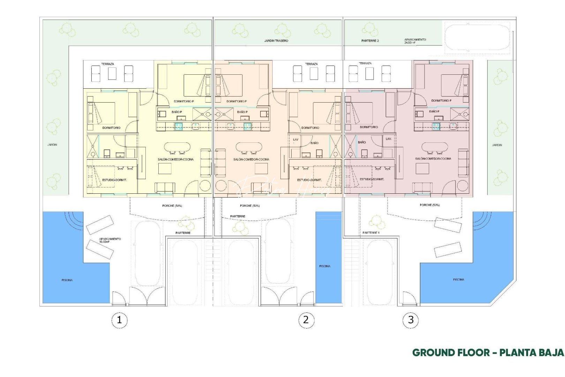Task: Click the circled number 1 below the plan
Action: click(x=119, y=320)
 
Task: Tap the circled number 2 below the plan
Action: click(x=306, y=320)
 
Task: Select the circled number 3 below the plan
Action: click(x=410, y=320)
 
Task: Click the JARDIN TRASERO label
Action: click(x=276, y=41)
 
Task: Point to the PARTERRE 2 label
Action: click(x=370, y=41)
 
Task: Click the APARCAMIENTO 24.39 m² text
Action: click(x=415, y=41)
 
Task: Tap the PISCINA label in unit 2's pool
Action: click(x=325, y=266)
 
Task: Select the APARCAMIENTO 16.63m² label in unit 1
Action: click(x=110, y=240)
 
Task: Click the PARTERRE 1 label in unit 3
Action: click(x=371, y=232)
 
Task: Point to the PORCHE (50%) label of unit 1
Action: click(x=172, y=206)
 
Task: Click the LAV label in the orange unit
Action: click(x=296, y=140)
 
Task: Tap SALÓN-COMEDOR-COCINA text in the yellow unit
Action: click(x=175, y=159)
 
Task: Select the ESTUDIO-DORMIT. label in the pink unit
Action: click(x=372, y=179)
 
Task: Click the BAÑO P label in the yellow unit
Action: click(x=176, y=112)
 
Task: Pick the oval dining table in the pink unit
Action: click(x=435, y=147)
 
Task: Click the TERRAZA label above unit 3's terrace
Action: click(x=365, y=64)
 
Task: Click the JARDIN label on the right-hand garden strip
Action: click(x=497, y=145)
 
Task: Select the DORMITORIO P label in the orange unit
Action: click(x=236, y=101)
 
